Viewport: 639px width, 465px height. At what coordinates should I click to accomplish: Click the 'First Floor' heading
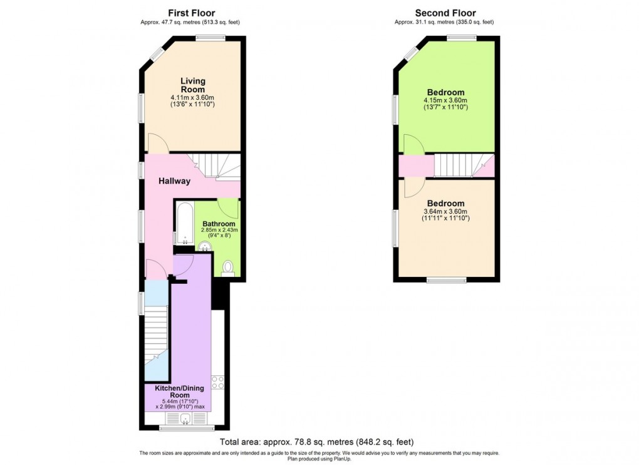point(191,13)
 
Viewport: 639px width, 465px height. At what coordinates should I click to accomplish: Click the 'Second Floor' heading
point(445,13)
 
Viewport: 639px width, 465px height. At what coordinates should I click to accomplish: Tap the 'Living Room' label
point(192,85)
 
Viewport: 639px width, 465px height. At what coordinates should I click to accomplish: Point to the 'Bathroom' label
point(219,224)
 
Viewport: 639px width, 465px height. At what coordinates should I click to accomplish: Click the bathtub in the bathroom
point(184,224)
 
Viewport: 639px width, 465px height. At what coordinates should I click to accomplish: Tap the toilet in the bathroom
point(228,268)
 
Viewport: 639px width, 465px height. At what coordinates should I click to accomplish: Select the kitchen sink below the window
point(185,419)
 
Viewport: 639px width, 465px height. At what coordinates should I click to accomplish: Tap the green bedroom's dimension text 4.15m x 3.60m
point(446,101)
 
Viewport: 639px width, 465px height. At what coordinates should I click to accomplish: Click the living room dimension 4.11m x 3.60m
point(192,98)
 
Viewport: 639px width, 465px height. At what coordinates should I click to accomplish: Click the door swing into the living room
point(157,143)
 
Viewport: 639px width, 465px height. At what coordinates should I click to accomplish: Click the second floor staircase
point(454,166)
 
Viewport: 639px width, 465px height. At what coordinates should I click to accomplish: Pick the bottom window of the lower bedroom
point(446,280)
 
